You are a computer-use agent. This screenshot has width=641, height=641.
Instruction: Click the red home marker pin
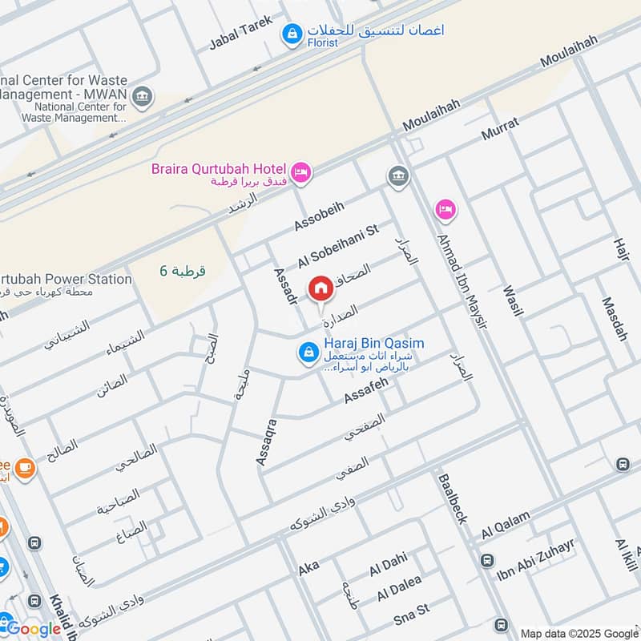click(x=320, y=288)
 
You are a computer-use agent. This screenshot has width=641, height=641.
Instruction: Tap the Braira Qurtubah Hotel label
click(x=219, y=168)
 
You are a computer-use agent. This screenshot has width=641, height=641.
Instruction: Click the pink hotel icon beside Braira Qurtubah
click(x=300, y=172)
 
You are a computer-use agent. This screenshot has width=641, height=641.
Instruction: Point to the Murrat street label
click(x=500, y=129)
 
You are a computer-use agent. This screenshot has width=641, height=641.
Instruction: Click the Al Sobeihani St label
click(x=337, y=247)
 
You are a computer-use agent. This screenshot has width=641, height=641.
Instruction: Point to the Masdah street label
click(x=615, y=319)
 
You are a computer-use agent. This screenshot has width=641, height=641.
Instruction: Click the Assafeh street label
click(x=365, y=390)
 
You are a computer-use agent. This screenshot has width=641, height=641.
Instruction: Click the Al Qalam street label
click(x=506, y=526)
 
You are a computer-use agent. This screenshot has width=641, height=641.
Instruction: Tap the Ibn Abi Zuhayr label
click(x=536, y=558)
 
